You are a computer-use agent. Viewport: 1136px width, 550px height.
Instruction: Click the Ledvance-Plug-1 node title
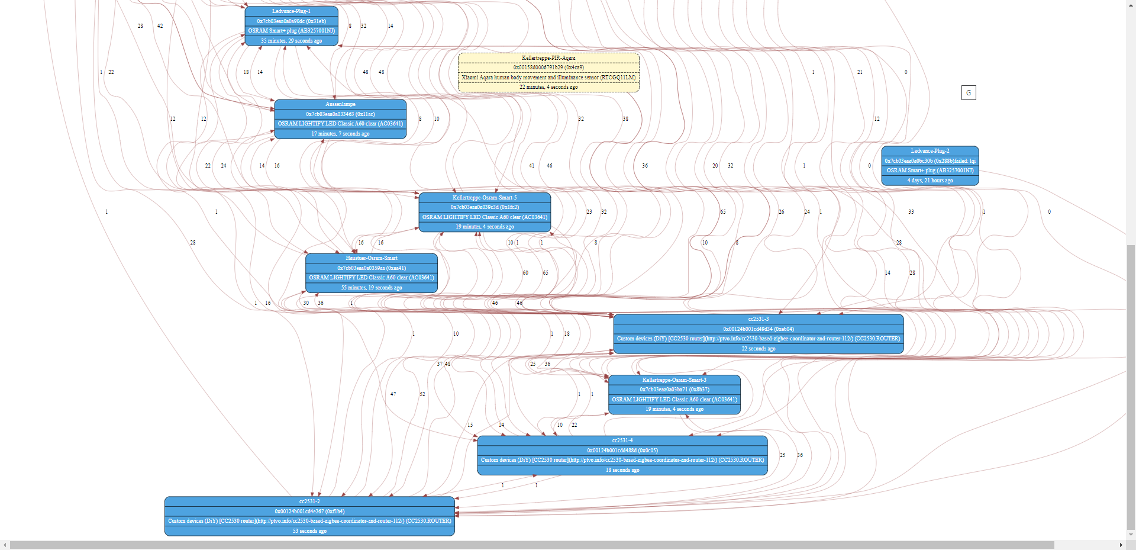291,11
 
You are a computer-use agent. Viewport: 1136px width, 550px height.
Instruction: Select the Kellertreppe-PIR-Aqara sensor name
548,58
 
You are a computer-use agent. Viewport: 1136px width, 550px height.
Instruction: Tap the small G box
969,92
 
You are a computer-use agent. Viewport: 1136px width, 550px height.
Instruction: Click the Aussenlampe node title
340,104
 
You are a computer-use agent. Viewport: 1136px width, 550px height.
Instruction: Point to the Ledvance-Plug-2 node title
930,151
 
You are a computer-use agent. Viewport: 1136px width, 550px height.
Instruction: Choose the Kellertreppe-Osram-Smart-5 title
485,198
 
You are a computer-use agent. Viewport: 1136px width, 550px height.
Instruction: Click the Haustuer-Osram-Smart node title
372,258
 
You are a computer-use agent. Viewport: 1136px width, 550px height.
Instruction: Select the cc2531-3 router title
758,319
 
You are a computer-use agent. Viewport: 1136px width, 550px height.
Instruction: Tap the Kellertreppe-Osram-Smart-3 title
674,380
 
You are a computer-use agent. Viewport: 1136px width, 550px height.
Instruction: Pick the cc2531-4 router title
622,440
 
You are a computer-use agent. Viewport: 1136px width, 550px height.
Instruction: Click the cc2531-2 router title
309,501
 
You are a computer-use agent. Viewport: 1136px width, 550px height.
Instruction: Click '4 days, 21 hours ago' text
930,181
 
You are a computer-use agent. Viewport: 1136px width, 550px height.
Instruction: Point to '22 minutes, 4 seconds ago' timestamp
548,87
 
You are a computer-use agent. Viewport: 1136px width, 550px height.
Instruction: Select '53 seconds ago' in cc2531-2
309,531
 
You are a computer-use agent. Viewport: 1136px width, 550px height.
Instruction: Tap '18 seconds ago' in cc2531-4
622,470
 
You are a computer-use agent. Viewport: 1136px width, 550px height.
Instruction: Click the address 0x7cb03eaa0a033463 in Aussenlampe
340,114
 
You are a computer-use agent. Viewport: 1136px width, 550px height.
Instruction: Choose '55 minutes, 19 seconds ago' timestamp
372,288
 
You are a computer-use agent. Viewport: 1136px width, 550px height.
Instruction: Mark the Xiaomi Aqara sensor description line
548,78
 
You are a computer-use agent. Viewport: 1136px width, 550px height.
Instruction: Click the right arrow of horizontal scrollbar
1121,545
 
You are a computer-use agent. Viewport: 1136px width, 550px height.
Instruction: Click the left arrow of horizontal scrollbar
5,545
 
